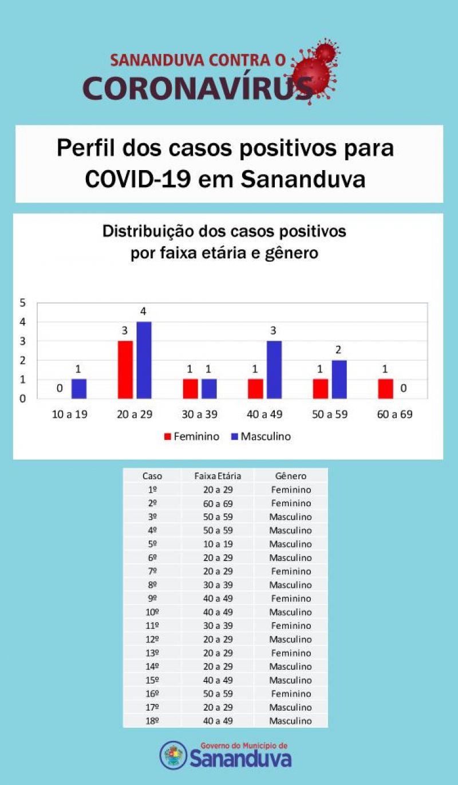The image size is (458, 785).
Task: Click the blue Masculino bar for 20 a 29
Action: coord(144,360)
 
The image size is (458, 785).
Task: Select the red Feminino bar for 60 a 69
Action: coord(385,389)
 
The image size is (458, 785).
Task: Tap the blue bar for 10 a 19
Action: coord(79,389)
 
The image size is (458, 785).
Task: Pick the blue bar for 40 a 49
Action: coord(274,370)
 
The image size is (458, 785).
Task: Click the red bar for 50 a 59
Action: coord(320,389)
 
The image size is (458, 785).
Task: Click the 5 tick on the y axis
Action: coord(23,302)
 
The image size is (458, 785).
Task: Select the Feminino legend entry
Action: coord(192,437)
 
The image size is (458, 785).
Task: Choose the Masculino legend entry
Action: coord(260,437)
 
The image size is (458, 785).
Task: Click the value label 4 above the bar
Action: coord(144,312)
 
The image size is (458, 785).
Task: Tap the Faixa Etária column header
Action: coord(218,476)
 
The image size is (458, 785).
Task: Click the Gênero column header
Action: coord(291,476)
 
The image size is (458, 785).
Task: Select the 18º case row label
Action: coord(152,721)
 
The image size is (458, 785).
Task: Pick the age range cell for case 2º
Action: coord(218,503)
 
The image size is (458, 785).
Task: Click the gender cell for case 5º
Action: coord(291,544)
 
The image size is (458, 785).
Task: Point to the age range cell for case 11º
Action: coord(218,626)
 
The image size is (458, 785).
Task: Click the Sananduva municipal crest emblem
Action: coord(173,755)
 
